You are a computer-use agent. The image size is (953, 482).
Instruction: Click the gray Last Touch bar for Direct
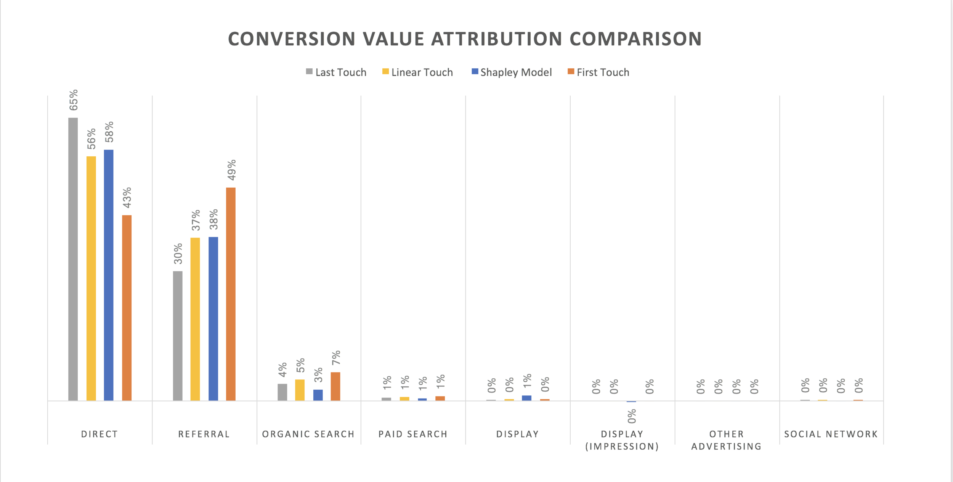point(73,259)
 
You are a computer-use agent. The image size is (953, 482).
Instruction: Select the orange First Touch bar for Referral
point(231,294)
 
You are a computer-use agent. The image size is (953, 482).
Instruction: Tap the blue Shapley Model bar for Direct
point(109,275)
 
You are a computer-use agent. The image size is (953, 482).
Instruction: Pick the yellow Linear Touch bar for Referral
point(195,319)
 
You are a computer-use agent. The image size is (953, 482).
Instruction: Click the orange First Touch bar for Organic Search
point(335,386)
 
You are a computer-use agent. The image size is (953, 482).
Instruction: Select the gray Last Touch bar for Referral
point(178,336)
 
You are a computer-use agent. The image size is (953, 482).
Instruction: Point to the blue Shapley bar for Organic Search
point(318,395)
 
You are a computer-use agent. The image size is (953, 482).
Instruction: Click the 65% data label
point(74,100)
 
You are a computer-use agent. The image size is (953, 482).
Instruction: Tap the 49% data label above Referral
point(232,170)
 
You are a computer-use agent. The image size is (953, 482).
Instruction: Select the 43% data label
point(127,198)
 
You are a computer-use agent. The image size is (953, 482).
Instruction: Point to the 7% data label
point(336,358)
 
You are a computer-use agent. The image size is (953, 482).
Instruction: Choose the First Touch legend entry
point(598,72)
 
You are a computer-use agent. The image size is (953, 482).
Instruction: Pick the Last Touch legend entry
point(336,72)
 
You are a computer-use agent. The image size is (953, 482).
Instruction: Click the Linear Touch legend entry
point(418,72)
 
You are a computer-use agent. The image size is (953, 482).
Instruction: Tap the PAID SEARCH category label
point(413,434)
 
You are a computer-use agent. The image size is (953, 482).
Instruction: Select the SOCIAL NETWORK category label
point(831,434)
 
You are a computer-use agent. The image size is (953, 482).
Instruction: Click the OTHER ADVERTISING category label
point(727,440)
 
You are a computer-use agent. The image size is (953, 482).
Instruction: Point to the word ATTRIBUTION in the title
point(497,39)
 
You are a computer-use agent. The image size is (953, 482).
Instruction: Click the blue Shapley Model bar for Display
point(527,398)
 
